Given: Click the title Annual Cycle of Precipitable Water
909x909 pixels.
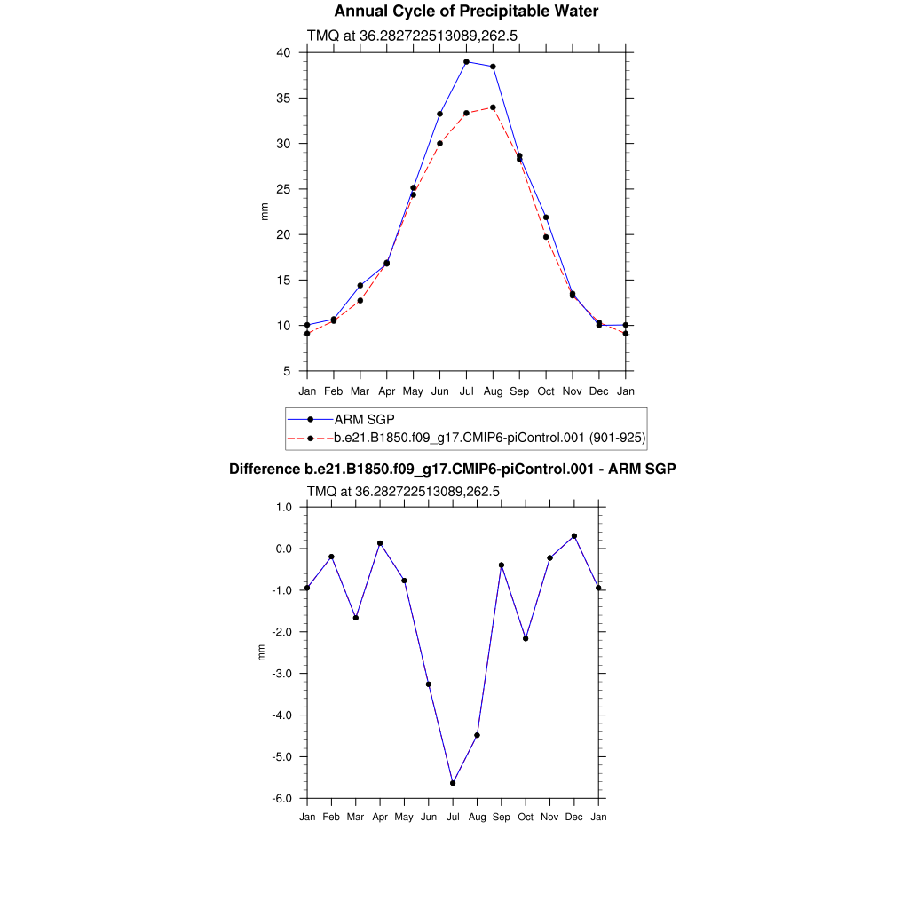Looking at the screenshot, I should (466, 12).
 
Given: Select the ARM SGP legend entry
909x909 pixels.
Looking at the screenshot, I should (370, 419).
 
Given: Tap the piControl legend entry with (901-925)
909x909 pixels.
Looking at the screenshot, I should (489, 438).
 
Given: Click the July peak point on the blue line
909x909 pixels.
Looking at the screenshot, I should (466, 62).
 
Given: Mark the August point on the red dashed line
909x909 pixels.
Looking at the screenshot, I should (493, 107).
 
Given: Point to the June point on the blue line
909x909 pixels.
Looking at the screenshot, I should (439, 114).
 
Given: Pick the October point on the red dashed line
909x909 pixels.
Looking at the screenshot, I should (546, 237).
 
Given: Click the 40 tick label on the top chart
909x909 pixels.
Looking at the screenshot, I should (284, 52).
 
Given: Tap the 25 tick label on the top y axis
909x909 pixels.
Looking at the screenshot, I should (284, 189).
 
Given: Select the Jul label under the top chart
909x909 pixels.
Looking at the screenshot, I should (466, 391).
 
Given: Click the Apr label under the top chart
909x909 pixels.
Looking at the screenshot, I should (387, 391).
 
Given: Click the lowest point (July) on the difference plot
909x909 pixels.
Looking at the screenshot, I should (453, 783).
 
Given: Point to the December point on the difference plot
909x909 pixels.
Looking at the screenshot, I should (574, 536).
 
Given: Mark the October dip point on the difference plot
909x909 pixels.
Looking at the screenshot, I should (526, 639).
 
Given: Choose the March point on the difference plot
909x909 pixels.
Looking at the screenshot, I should (356, 618).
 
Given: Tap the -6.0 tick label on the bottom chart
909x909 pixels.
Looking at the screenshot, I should (284, 799).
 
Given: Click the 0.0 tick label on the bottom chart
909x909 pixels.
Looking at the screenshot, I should (284, 549).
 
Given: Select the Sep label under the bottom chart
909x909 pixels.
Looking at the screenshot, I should (502, 817).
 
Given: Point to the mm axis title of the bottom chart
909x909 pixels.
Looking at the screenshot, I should (262, 652).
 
